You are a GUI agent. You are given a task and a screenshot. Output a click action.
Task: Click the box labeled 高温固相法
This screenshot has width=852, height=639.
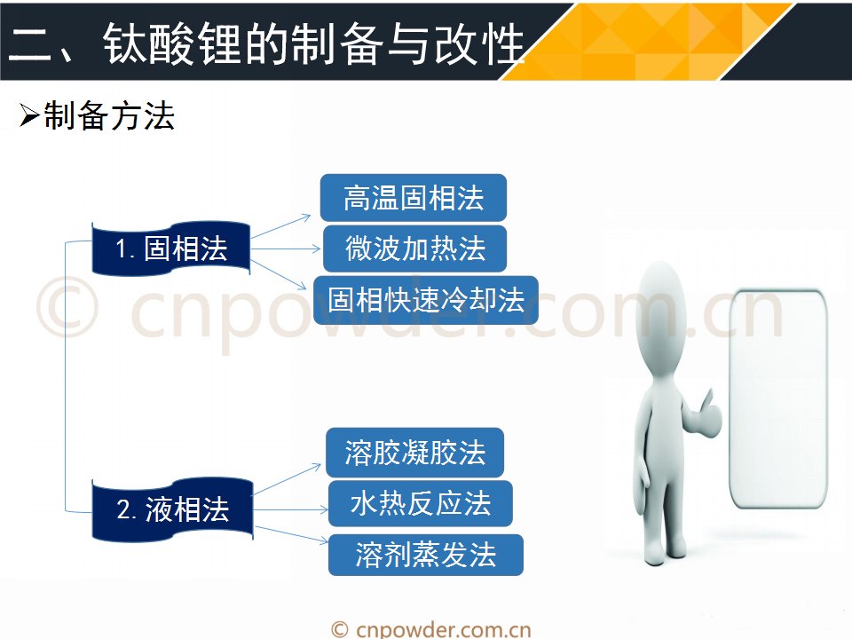[x=414, y=198]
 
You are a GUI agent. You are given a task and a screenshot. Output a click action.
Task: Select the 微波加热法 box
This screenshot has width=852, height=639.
[x=414, y=248]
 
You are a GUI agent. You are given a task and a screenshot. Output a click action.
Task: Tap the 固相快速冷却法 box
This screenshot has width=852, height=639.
[x=426, y=300]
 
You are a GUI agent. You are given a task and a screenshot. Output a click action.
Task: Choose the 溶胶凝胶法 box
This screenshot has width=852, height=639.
[x=415, y=453]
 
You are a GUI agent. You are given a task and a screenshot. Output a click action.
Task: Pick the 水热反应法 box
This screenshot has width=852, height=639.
[x=421, y=504]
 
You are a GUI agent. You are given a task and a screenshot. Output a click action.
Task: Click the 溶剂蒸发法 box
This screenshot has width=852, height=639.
[x=426, y=555]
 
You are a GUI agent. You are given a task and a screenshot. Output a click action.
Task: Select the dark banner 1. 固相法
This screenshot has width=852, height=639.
[x=171, y=248]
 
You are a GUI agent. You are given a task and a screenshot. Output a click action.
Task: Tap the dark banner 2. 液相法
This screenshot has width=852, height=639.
[x=172, y=509]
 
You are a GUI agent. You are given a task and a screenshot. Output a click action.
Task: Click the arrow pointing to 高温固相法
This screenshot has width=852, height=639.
[x=281, y=226]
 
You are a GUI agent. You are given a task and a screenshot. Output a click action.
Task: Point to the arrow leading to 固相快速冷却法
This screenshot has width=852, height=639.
[x=279, y=274]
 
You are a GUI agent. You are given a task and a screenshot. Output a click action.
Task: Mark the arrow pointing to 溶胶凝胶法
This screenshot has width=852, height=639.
[x=288, y=479]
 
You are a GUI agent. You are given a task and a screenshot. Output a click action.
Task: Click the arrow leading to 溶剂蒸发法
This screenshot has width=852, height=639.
[x=292, y=534]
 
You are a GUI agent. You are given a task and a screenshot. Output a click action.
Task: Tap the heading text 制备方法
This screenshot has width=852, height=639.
[x=108, y=115]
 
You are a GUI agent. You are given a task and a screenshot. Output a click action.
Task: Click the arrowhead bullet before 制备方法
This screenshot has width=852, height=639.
[x=29, y=115]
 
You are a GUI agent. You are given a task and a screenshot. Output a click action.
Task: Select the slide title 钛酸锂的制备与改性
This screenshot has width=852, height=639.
[x=313, y=43]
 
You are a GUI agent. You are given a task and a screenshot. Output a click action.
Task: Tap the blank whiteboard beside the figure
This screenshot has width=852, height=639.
[x=778, y=400]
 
